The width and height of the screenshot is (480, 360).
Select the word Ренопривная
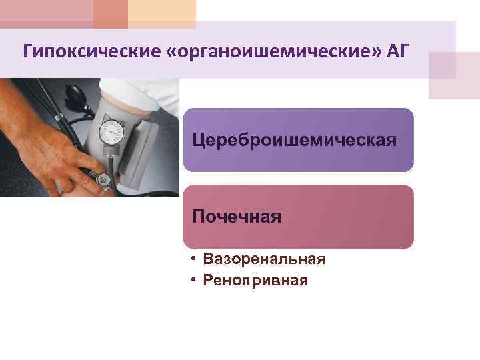tap(256, 281)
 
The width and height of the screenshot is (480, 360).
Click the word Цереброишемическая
tap(294, 141)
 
